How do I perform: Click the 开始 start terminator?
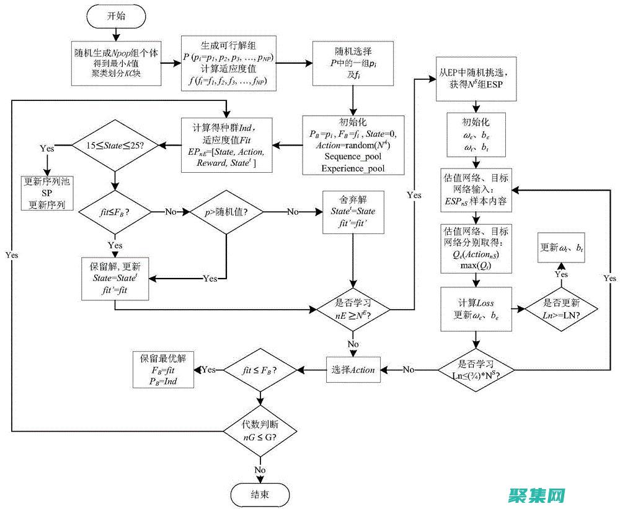tap(116, 17)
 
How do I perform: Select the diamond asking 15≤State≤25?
tap(115, 147)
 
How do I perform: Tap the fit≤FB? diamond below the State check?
tap(115, 211)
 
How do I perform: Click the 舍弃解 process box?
tap(353, 212)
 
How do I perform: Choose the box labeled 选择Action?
tap(353, 370)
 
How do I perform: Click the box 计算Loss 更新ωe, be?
tap(476, 308)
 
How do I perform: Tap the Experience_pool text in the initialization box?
tap(353, 168)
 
